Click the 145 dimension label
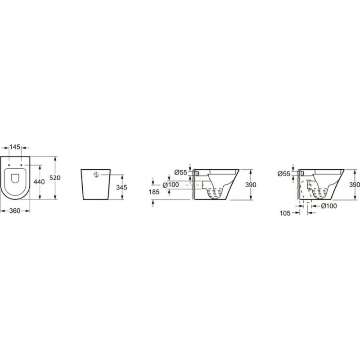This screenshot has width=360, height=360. click(x=15, y=147)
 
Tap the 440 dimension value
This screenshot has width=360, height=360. click(x=39, y=182)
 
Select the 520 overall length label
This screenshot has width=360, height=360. click(x=55, y=178)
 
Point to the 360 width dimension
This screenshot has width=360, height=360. click(x=15, y=211)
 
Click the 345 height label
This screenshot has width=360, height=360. click(x=121, y=188)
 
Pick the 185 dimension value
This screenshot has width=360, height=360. click(x=154, y=192)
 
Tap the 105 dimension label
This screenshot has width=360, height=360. click(x=285, y=213)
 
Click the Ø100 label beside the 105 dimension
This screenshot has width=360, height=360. click(x=329, y=206)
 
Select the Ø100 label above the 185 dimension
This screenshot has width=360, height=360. click(x=171, y=185)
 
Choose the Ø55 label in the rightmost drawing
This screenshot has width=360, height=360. click(x=284, y=174)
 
